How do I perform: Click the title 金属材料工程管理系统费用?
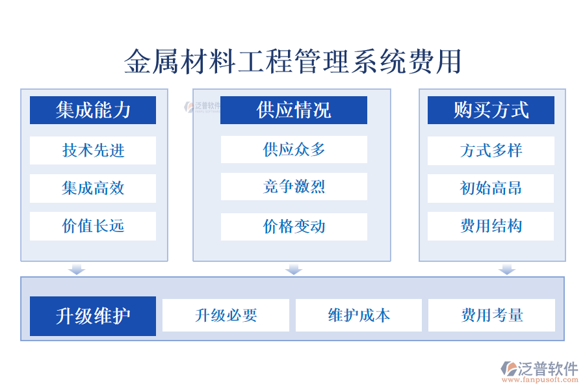tap(292, 62)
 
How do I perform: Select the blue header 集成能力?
tap(93, 110)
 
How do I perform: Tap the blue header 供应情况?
tap(293, 110)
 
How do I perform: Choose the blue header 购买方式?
tap(491, 110)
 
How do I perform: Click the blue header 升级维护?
tap(93, 316)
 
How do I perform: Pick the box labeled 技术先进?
tap(93, 150)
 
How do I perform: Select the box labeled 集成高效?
tap(93, 188)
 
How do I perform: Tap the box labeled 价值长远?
tap(93, 226)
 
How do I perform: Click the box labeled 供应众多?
tap(293, 149)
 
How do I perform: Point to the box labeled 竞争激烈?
tap(293, 187)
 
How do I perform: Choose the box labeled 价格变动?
tap(293, 226)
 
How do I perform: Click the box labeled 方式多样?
tap(491, 150)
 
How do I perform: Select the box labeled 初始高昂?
tap(491, 188)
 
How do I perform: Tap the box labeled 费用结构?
tap(491, 226)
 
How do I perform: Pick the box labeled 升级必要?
tap(226, 315)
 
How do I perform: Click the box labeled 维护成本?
tap(359, 315)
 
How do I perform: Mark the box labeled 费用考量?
tap(491, 315)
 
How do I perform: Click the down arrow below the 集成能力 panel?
tap(77, 269)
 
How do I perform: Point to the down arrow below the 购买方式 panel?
tap(507, 269)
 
